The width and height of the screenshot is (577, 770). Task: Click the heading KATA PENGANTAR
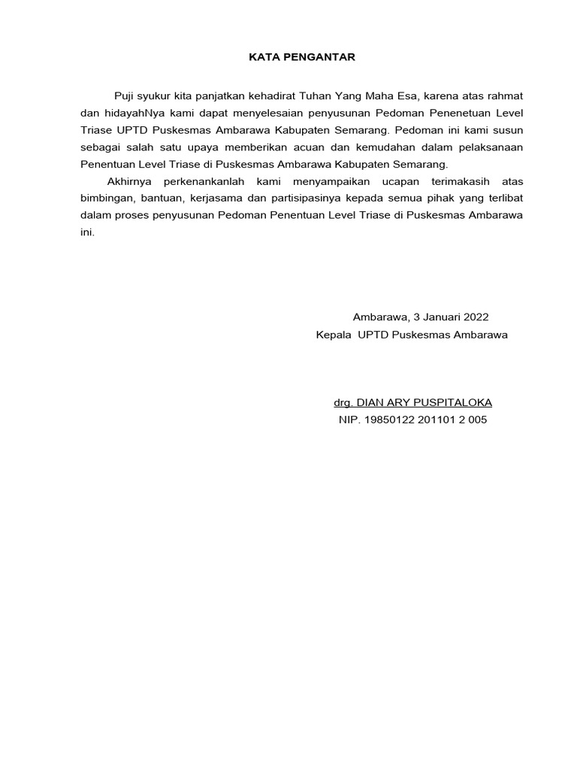pos(292,56)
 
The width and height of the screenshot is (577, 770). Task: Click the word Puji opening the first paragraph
pos(123,96)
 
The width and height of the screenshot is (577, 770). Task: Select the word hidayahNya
pos(125,114)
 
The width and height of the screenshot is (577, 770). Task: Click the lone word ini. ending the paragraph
pos(88,232)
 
